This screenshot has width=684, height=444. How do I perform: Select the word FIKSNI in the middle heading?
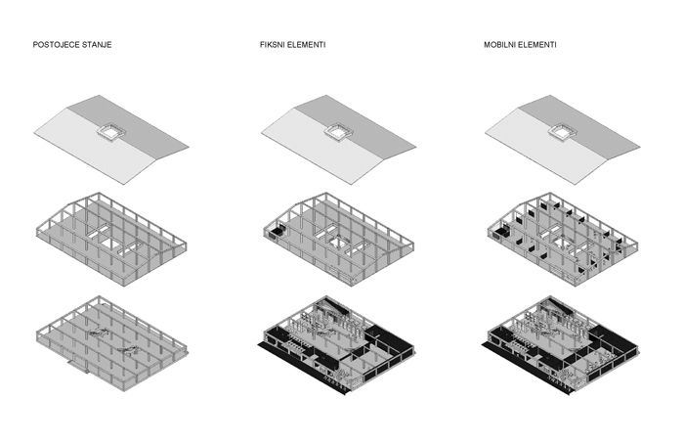tap(271, 45)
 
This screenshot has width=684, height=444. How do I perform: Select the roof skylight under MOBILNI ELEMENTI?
tap(563, 132)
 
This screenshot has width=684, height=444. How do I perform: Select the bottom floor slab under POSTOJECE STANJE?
tap(111, 343)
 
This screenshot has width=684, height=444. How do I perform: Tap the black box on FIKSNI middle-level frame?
tap(277, 233)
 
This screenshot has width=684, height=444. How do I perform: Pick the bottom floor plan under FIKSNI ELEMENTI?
tap(336, 345)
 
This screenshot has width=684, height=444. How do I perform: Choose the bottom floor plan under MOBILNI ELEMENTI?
tap(562, 345)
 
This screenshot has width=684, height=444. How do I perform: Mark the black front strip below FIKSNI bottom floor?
tap(303, 368)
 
